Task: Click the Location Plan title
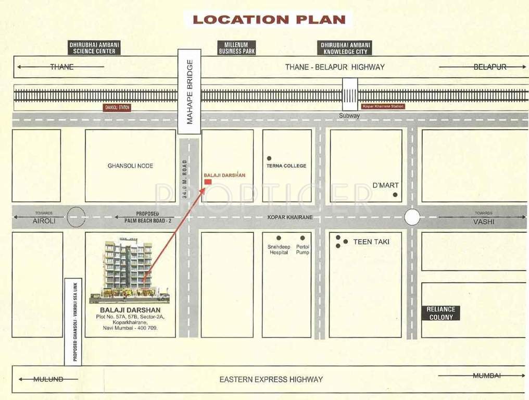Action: click(269, 20)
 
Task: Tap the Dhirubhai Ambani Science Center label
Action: click(94, 48)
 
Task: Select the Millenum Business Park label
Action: click(237, 48)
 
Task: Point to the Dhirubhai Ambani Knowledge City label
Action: click(345, 48)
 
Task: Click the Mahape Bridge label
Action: click(190, 92)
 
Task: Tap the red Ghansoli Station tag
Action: click(117, 107)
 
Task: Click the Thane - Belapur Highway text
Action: click(335, 67)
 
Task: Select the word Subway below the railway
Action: click(349, 116)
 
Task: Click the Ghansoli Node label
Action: click(130, 166)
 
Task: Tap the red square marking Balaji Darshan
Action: click(208, 182)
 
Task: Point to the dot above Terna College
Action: click(269, 158)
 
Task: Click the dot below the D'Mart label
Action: click(395, 195)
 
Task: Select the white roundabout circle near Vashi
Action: click(412, 217)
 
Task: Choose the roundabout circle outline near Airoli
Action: click(76, 217)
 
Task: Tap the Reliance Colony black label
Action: click(441, 313)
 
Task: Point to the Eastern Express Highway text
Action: click(271, 380)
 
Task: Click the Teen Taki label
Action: click(371, 242)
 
